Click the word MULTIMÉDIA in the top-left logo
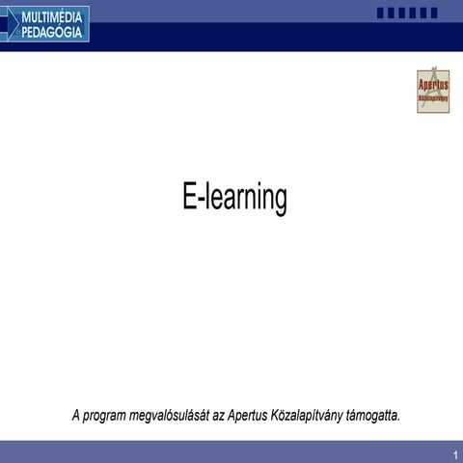52,15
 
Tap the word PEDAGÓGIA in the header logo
53,31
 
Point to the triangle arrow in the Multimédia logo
10,23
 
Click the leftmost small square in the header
380,14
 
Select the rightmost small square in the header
433,14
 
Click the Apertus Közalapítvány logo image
433,91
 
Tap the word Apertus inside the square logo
433,85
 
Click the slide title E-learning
234,199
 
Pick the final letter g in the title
280,202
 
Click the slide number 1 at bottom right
453,454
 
